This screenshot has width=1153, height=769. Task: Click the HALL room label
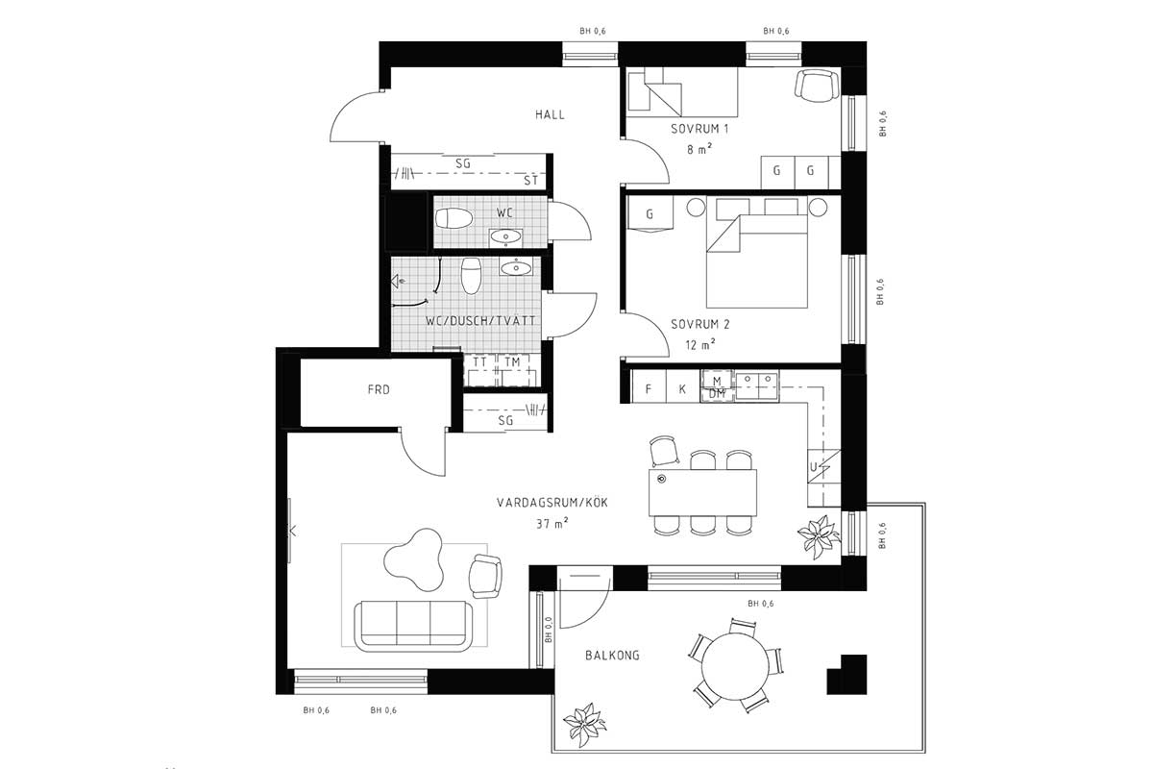(550, 114)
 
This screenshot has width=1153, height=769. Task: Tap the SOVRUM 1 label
(699, 129)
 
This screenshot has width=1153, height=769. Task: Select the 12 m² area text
(700, 344)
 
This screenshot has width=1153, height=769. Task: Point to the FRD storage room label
(379, 390)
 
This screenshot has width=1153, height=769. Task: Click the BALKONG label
(613, 656)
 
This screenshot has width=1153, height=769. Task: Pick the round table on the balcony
(735, 666)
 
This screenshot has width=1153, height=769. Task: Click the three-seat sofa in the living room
(413, 626)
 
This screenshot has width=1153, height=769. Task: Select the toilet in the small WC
(454, 218)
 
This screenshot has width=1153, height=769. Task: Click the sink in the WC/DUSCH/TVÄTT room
(515, 268)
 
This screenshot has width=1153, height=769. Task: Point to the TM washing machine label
(512, 362)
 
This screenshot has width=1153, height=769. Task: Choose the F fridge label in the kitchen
(648, 389)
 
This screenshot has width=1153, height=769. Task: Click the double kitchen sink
(757, 385)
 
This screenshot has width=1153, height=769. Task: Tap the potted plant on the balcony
(585, 724)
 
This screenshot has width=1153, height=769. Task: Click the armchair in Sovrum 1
(817, 86)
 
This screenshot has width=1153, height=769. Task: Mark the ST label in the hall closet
(530, 181)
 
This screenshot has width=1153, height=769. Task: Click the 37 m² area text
(552, 523)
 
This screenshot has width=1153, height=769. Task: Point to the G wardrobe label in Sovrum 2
(650, 213)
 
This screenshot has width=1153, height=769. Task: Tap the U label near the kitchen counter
(813, 467)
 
